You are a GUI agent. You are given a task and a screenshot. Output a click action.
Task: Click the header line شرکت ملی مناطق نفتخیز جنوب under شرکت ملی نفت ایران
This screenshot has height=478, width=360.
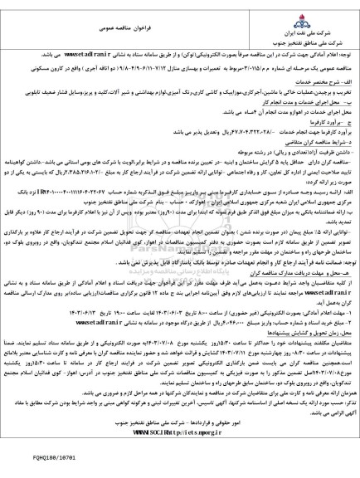[315, 41]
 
